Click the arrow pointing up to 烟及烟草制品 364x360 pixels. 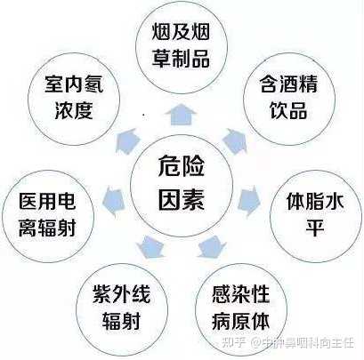pos(181,115)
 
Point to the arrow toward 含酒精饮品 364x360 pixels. pos(236,141)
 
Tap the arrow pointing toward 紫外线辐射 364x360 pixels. pos(150,246)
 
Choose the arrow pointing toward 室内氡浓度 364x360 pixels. pos(127,141)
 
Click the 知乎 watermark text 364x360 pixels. pos(234,343)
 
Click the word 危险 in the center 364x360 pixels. pos(182,166)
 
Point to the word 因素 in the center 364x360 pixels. pos(182,199)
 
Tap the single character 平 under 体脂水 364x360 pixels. pos(315,228)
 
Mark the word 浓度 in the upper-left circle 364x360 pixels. pos(74,110)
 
